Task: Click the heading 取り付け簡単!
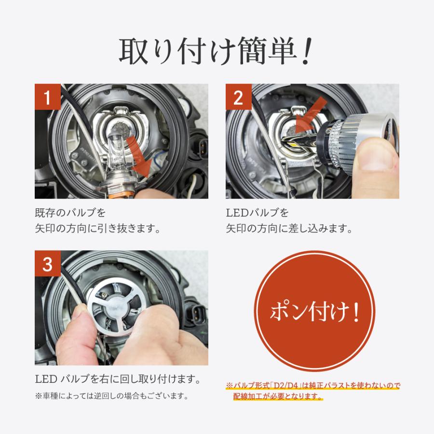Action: pyautogui.click(x=217, y=52)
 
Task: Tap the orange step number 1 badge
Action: pyautogui.click(x=48, y=98)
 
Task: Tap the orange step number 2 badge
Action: pyautogui.click(x=239, y=98)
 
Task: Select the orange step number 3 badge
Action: pyautogui.click(x=48, y=264)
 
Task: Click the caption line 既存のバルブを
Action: pyautogui.click(x=70, y=213)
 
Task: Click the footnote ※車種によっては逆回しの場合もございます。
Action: pyautogui.click(x=110, y=396)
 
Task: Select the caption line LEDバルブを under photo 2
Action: pyautogui.click(x=257, y=213)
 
